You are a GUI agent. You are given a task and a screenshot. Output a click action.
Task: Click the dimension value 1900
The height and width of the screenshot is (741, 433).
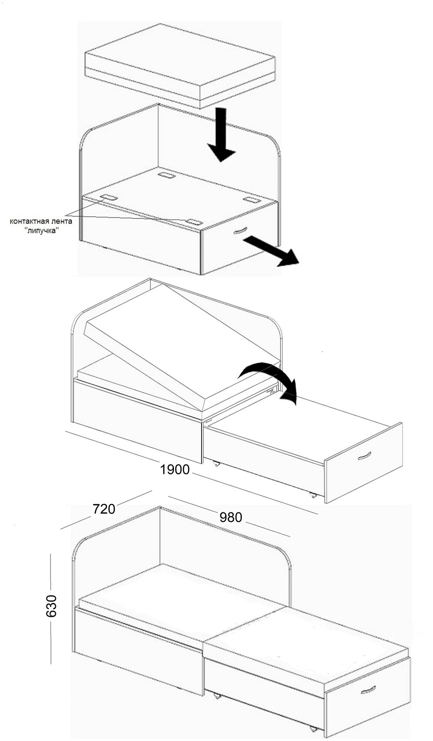[174, 470]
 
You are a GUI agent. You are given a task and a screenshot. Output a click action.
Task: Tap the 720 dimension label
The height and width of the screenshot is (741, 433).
[104, 509]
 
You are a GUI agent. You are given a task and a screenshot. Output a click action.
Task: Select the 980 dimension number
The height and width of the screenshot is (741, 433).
[230, 517]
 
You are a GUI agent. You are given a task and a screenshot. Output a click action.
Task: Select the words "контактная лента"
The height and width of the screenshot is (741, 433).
[41, 222]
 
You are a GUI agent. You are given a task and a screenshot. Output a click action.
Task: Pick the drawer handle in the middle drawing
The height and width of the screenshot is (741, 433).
[364, 456]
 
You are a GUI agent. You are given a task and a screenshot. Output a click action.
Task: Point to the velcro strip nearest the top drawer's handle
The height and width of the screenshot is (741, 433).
[194, 222]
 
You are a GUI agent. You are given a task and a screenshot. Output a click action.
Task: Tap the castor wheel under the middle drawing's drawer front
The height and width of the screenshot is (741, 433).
[313, 495]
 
